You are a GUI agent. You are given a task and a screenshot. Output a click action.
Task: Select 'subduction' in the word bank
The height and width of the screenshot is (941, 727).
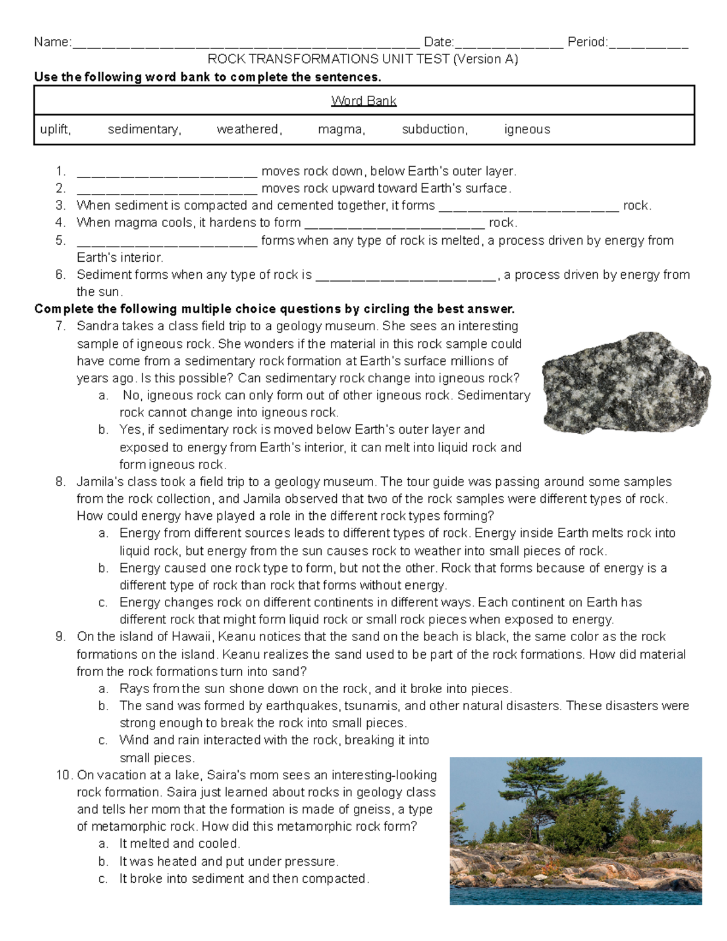click(434, 130)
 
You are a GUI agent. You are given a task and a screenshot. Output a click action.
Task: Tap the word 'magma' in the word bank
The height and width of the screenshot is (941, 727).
click(341, 130)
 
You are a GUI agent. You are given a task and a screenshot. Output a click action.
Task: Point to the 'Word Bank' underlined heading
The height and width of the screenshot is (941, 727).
click(363, 101)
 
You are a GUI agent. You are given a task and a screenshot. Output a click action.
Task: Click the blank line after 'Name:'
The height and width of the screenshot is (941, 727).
click(245, 44)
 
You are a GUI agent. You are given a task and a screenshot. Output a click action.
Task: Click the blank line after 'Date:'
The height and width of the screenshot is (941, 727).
click(509, 44)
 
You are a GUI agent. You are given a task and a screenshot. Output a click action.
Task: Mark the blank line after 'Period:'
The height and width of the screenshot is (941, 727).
click(648, 44)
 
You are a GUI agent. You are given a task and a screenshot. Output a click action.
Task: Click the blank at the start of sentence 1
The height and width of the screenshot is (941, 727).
click(167, 173)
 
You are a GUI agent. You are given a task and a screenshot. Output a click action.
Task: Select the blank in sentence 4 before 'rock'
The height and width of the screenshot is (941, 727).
click(394, 224)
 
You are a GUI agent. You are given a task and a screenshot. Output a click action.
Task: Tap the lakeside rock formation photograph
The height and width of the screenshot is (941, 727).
click(576, 831)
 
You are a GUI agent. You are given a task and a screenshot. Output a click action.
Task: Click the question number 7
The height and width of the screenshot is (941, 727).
click(60, 327)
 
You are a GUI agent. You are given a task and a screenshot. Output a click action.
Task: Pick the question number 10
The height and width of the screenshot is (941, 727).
click(64, 776)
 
